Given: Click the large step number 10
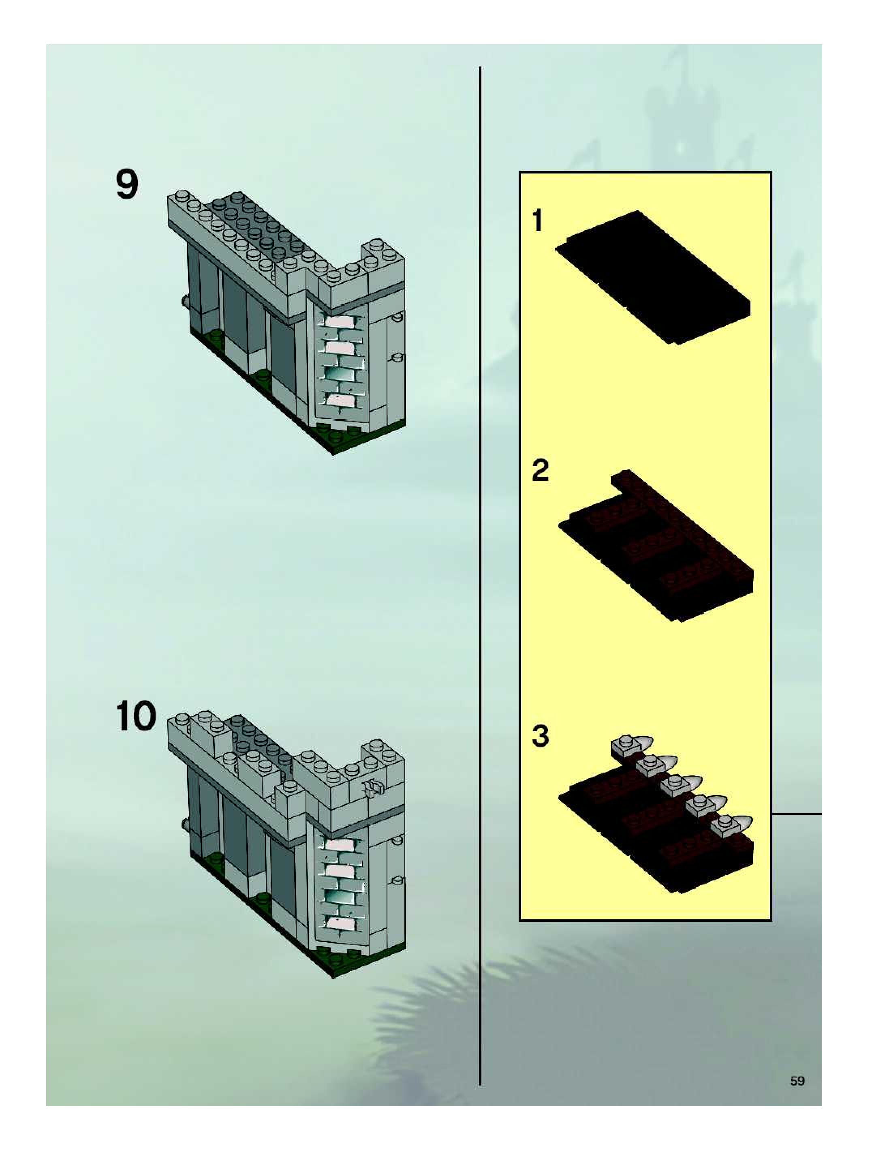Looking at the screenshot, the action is (135, 717).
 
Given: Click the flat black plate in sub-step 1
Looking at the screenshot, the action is (653, 276).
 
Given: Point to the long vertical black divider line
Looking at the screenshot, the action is (480, 573).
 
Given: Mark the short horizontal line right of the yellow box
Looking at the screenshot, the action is (797, 813).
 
